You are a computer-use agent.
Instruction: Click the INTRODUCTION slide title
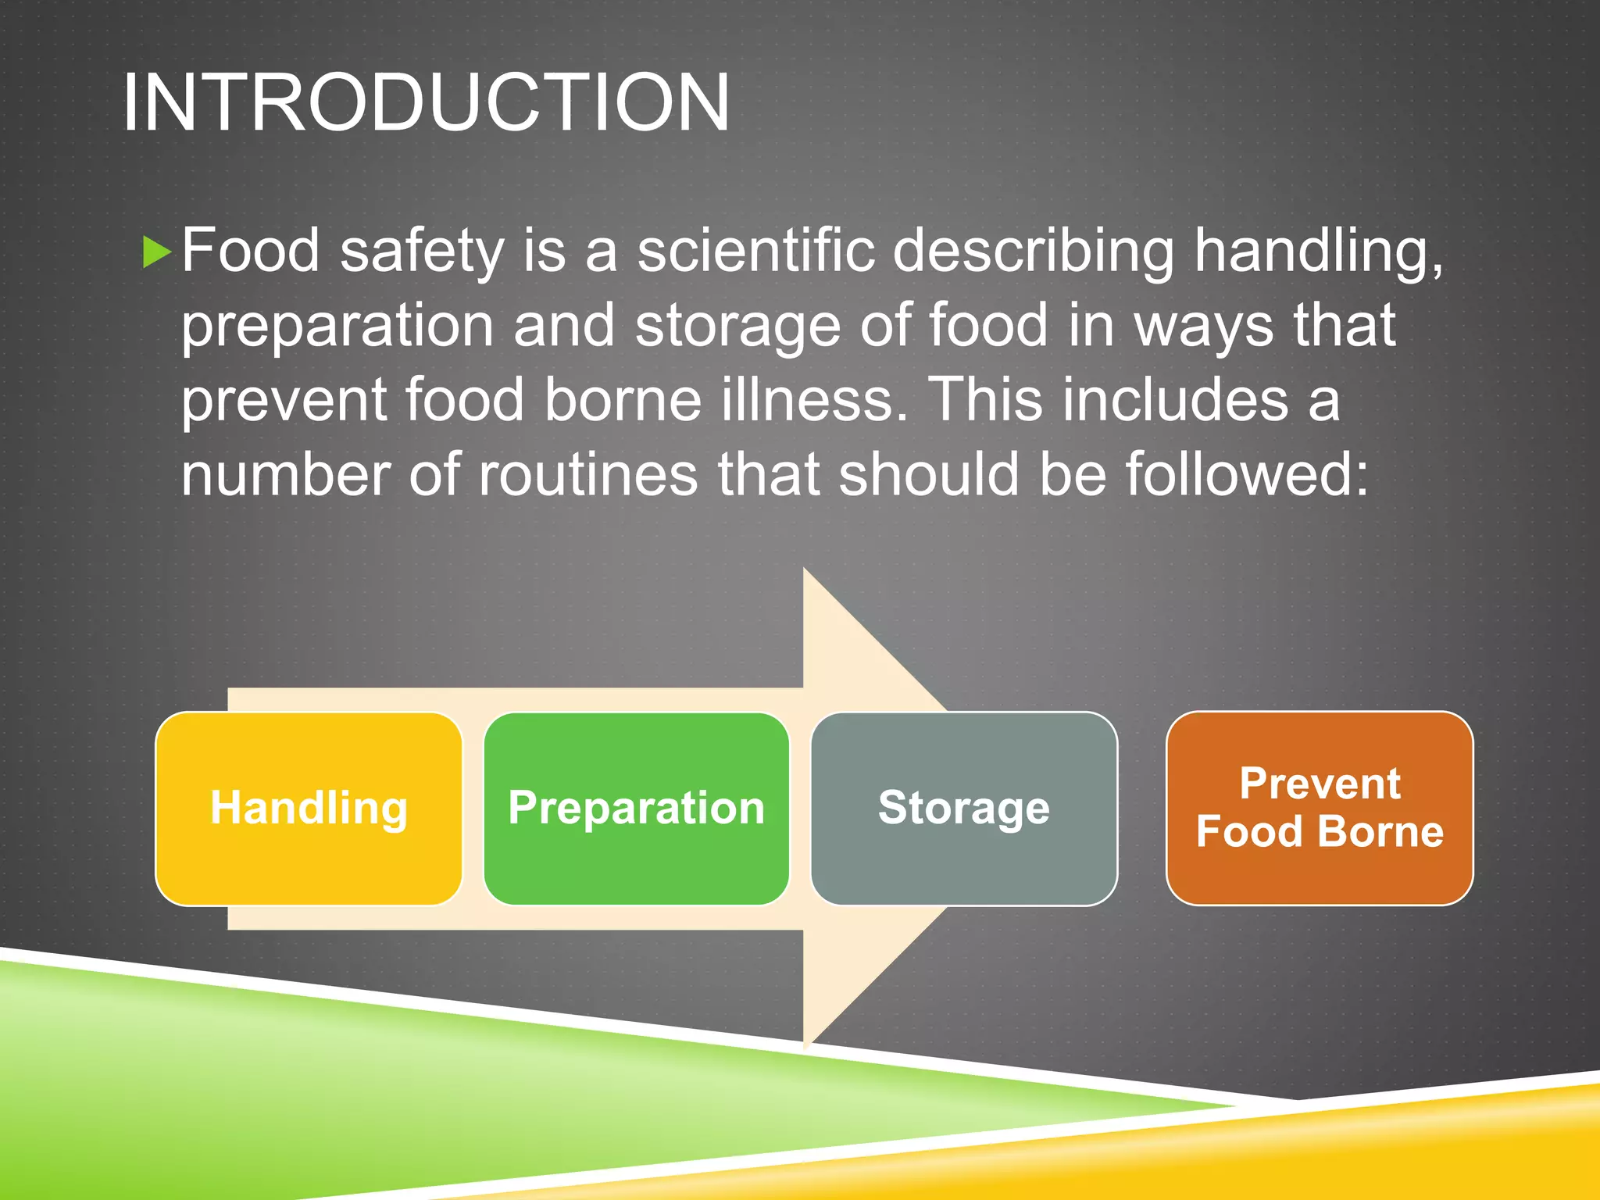426,103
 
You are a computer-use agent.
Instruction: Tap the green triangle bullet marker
156,253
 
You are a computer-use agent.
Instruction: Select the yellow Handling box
309,808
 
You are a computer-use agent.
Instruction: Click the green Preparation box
636,808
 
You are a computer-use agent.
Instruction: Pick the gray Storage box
963,808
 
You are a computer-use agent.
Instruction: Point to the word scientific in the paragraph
755,252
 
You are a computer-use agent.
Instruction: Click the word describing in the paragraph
1033,252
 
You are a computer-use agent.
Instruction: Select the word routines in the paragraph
587,475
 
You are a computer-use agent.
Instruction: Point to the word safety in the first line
423,252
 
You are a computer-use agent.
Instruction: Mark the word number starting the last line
284,475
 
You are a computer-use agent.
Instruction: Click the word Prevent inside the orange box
1320,784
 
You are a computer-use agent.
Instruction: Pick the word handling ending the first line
1317,252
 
